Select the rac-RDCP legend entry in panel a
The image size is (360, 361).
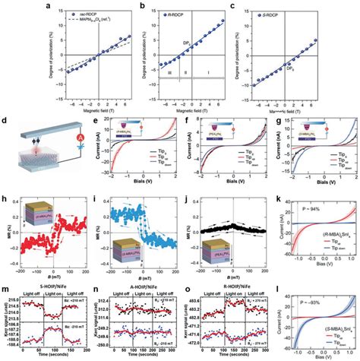[61, 14]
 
